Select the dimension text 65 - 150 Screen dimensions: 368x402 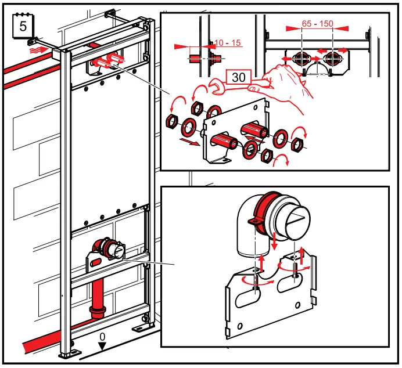tap(317, 24)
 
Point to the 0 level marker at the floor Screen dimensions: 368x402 tap(102, 337)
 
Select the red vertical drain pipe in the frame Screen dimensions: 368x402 tap(96, 296)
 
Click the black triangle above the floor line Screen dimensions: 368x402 tap(102, 347)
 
